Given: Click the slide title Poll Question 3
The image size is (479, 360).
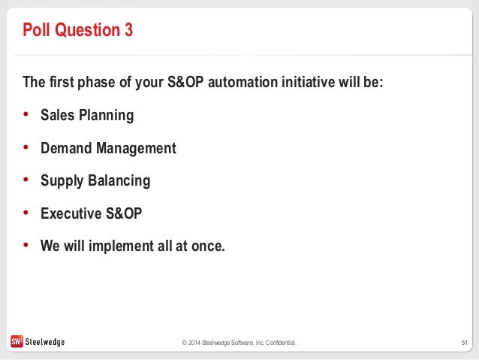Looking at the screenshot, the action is pos(78,30).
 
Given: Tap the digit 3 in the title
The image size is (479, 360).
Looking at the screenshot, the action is pos(128,30).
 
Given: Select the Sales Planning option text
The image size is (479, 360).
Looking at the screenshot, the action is pos(87,116).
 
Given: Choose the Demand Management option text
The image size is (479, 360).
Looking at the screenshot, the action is pos(108,148).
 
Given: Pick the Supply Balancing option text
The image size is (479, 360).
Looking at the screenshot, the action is pos(95,181).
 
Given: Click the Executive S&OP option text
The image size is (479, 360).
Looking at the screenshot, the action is pos(92,213).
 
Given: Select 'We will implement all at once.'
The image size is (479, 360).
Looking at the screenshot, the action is pos(133,246).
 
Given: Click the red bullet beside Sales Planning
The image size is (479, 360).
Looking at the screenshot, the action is pos(26,114).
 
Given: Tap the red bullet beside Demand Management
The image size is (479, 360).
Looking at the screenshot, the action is pos(26,147).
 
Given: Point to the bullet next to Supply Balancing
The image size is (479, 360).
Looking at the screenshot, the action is pos(26,180).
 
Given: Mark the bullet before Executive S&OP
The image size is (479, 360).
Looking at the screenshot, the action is pos(26,212).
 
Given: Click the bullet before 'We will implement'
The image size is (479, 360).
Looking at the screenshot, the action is pos(26,245).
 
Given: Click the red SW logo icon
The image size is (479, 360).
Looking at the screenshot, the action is pos(17,341).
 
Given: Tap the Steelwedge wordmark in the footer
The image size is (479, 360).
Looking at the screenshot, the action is pos(45,342).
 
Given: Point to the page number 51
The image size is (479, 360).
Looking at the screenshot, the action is pos(464,343).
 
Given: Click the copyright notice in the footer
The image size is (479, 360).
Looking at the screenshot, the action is pos(239,343).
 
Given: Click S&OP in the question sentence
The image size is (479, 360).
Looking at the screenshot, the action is pos(185,82).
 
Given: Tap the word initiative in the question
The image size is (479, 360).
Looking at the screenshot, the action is pos(309,82).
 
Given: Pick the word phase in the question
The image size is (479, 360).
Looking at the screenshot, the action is pos(96,83).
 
